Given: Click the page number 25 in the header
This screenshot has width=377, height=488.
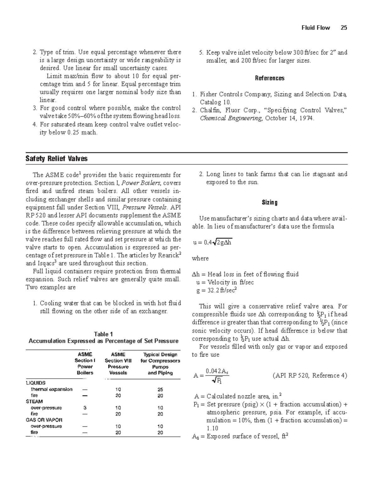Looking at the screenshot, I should point(344,28).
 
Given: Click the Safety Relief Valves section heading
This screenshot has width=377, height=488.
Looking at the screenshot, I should point(57,159).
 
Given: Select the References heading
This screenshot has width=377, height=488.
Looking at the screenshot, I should point(270,78).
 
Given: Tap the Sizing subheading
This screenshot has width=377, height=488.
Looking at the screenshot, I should point(270,202).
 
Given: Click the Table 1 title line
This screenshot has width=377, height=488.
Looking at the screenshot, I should point(103,334).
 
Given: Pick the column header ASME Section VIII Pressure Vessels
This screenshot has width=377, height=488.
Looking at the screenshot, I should point(118,364).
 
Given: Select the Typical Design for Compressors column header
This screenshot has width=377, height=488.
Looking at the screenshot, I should point(160,364).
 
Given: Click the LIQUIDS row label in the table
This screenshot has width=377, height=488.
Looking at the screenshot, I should point(36,383).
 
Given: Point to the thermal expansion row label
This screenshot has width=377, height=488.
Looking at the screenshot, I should point(52,389).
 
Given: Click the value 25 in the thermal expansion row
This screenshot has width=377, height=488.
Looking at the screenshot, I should point(160,389).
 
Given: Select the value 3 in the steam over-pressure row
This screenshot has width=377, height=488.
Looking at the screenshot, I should point(85,408).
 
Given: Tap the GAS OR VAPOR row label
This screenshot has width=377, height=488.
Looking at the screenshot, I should point(44,420).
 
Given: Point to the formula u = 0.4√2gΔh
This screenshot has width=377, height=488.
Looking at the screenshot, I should point(212,242).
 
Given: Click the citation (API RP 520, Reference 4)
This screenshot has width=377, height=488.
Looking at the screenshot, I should point(310,376).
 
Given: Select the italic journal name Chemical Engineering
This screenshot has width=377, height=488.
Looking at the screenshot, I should point(231,118).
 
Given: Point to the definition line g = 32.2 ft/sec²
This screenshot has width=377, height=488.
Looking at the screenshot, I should point(216,290).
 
